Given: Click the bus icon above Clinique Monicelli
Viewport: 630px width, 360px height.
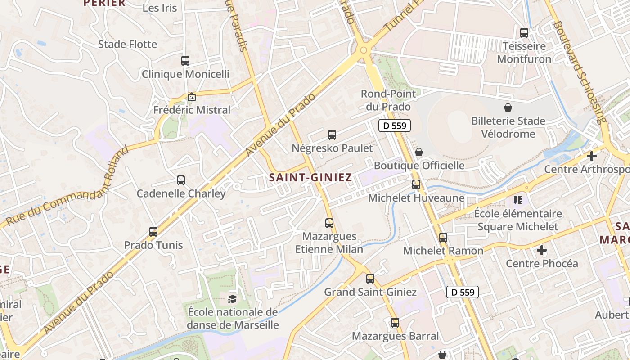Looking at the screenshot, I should [x=185, y=60].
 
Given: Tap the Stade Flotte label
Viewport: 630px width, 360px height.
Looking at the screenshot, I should [x=128, y=44].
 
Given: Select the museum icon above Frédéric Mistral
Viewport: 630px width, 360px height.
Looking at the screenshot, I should [x=192, y=97].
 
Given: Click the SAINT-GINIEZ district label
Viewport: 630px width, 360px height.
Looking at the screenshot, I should [x=310, y=177].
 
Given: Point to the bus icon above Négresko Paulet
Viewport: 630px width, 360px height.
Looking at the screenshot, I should [x=332, y=135].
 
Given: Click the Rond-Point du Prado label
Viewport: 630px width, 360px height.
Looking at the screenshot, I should [x=386, y=100].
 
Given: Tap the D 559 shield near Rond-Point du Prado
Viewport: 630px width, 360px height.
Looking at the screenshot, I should [x=395, y=126].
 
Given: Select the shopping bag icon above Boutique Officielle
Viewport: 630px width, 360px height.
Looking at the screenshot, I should [x=419, y=152].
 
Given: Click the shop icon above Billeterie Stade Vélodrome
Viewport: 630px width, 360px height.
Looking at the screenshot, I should [x=508, y=108].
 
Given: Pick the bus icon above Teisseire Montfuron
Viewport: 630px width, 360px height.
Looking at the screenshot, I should [x=524, y=32].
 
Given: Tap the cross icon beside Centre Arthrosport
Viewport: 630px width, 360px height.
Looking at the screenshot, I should [x=592, y=156].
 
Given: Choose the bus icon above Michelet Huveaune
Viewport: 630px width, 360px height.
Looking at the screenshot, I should [x=416, y=184].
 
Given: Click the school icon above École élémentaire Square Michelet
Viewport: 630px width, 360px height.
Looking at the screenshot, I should [x=517, y=200].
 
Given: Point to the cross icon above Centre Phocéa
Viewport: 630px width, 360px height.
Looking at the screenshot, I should [x=542, y=250].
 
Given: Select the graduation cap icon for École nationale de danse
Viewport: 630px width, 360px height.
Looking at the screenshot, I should [x=232, y=298].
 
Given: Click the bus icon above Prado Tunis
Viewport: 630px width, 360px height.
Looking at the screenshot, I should [x=153, y=232].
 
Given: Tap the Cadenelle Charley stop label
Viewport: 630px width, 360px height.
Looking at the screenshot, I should [x=181, y=193].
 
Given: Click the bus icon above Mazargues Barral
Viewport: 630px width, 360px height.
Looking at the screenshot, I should [x=395, y=322].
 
